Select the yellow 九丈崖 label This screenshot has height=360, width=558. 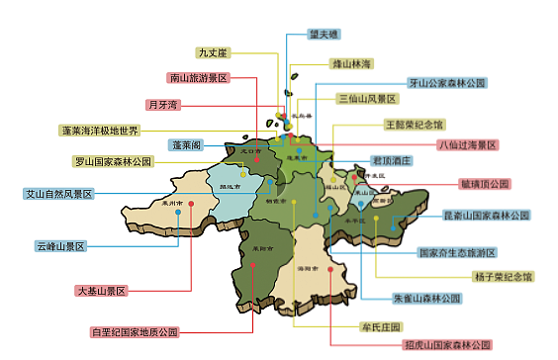tap(214, 52)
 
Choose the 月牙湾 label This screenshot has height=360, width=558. tap(162, 104)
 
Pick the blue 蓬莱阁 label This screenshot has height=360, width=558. tap(186, 144)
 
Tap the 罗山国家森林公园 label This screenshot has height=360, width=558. tap(113, 160)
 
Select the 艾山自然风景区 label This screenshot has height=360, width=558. tap(58, 194)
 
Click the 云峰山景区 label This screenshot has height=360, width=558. tap(61, 245)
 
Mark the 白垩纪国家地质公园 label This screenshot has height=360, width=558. tap(135, 331)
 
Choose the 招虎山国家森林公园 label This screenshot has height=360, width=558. tap(446, 344)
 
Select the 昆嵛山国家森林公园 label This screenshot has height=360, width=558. tap(485, 214)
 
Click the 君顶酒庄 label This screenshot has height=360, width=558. tap(391, 160)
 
